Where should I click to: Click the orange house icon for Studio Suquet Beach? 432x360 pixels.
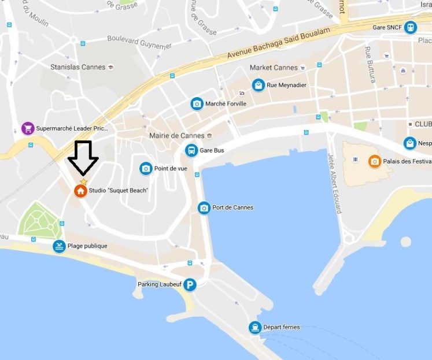[80, 191]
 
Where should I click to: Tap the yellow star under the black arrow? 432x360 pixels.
[83, 181]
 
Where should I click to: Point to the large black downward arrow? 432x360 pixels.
[83, 157]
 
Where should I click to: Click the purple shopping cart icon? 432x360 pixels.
[27, 128]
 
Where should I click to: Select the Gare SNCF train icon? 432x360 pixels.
[411, 27]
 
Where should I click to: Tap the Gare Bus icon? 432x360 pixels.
[190, 150]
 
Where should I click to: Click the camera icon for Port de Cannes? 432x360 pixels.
[204, 208]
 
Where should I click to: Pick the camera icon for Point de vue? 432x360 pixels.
[146, 169]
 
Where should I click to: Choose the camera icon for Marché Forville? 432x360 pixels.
[197, 104]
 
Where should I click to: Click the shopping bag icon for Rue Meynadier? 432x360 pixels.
[258, 86]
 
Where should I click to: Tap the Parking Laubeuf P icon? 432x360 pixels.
[190, 284]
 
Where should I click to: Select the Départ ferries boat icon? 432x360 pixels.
[254, 328]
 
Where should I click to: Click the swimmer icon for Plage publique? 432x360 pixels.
[59, 247]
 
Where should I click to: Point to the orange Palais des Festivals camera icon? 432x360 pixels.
[375, 161]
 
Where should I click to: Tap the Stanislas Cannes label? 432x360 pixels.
[78, 67]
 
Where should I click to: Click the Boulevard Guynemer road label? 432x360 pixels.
[139, 41]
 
